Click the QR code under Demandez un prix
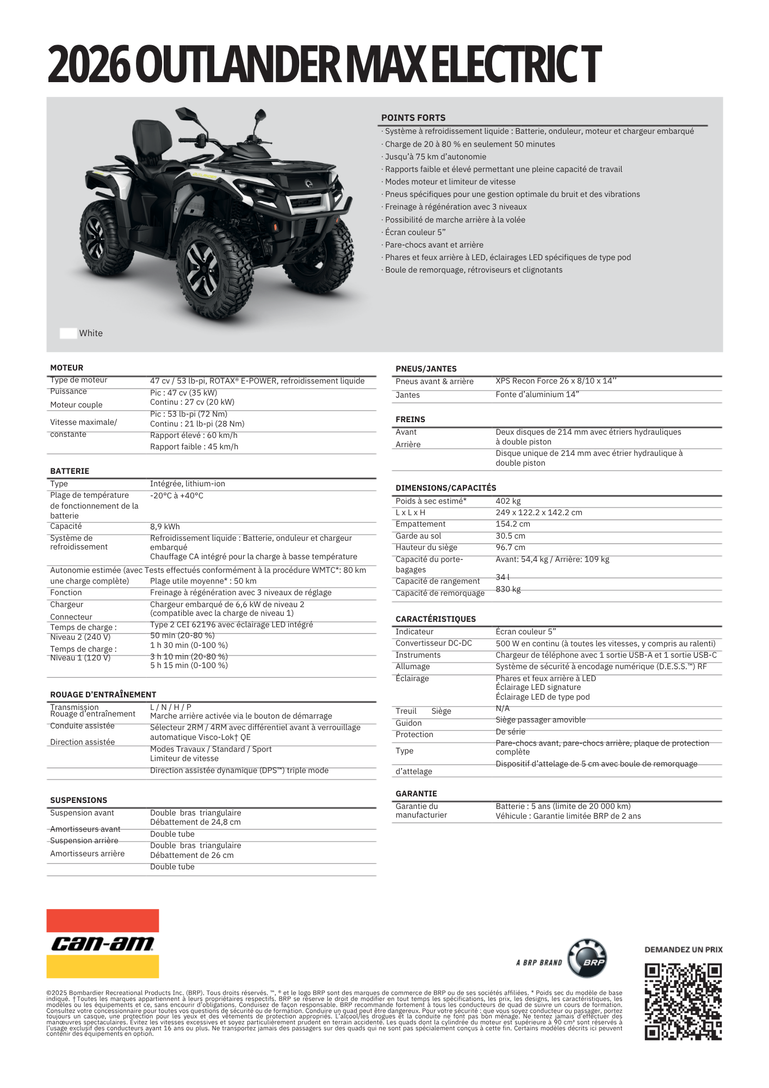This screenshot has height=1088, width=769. tap(683, 1002)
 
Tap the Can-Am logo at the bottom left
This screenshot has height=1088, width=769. tap(103, 944)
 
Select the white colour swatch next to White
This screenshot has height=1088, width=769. tap(68, 333)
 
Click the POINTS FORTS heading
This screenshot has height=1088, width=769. tap(413, 118)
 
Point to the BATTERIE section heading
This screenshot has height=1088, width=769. tap(70, 471)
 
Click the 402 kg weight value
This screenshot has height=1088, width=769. tap(508, 501)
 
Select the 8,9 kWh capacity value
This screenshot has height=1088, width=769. tap(165, 527)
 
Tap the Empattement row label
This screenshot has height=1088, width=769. tap(420, 524)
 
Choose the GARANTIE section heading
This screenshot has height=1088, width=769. tap(416, 794)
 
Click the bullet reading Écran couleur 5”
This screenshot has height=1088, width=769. tap(415, 232)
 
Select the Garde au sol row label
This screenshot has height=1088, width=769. tap(418, 536)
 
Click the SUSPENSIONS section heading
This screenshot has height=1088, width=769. tap(78, 800)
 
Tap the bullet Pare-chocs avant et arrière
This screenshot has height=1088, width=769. tap(434, 245)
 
